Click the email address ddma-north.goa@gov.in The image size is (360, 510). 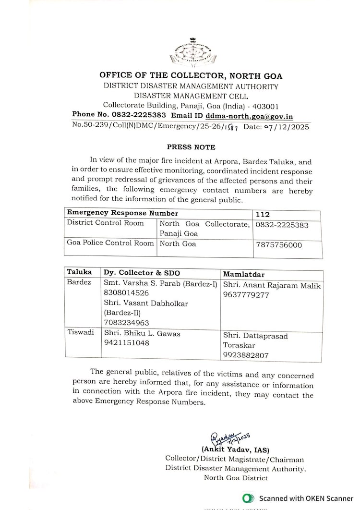pos(249,116)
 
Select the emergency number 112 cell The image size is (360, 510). pos(263,213)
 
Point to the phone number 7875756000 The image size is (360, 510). pos(279,245)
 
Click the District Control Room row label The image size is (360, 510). pos(105,223)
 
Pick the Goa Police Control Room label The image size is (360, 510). pos(110,243)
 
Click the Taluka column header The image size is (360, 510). pos(79,272)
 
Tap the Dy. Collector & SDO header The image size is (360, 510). pos(142,273)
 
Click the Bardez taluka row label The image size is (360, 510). pos(79,282)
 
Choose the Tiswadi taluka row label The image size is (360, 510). pos(80,333)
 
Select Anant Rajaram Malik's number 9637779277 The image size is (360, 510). pos(246,295)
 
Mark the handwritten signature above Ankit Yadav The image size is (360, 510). pos(229,438)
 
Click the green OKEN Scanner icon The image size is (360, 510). pos(248,498)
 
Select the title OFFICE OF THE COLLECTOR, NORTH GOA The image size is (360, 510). pos(191,76)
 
